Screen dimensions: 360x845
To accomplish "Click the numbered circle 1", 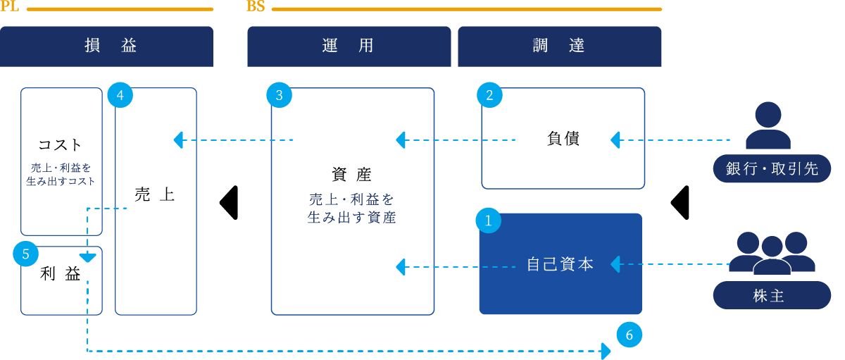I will click(x=489, y=221).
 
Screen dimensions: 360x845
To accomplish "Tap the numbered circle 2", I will click(x=489, y=96).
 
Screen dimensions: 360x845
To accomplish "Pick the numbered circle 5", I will click(x=25, y=254).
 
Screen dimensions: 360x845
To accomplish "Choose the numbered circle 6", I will click(x=629, y=335).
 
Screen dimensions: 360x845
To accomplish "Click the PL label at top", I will click(x=9, y=7).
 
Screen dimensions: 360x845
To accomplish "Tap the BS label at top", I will click(x=255, y=7).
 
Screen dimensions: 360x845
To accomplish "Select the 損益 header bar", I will click(x=106, y=46).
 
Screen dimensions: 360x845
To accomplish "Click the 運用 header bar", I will click(x=349, y=46).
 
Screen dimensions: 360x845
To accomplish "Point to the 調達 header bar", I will click(x=560, y=46).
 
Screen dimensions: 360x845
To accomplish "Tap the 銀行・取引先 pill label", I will click(x=772, y=169).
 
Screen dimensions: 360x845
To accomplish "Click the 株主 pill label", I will click(x=772, y=296).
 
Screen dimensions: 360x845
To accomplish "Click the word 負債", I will click(x=563, y=139).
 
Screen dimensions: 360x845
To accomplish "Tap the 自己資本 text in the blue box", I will click(x=561, y=265).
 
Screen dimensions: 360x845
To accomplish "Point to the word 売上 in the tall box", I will click(x=154, y=195).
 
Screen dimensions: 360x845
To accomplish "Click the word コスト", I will click(x=61, y=145).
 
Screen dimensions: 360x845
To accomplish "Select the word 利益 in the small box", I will click(x=61, y=274).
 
